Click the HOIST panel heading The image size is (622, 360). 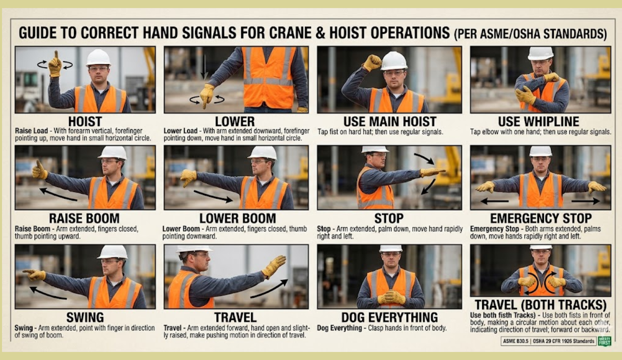[85, 121]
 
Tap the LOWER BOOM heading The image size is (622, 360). [238, 218]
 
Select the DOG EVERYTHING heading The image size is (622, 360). [390, 317]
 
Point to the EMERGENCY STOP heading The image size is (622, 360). [541, 218]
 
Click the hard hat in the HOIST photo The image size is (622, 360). [98, 58]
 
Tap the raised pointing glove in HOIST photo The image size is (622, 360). [56, 64]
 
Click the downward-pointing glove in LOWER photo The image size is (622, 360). [207, 96]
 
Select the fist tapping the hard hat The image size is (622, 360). [372, 63]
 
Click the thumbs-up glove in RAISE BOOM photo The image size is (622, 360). [40, 170]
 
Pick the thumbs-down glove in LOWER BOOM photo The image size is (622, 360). [188, 178]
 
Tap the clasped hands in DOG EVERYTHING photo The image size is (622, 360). [391, 297]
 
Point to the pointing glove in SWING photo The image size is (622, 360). [34, 274]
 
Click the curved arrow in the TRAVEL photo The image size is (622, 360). [269, 289]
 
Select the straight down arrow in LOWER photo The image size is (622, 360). [204, 68]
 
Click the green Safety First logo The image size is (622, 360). [604, 341]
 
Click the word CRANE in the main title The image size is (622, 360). [289, 33]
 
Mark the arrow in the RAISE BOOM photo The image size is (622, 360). [58, 194]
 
